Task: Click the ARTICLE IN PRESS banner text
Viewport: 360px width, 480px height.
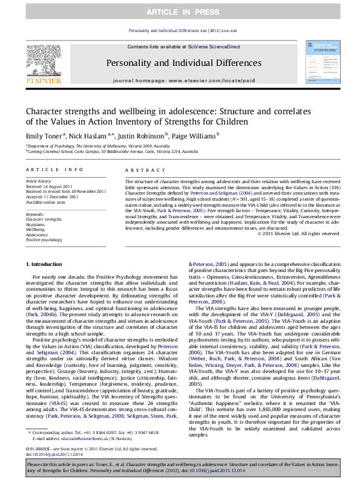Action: click(180, 11)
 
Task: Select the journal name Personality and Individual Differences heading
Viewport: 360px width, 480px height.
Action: click(180, 62)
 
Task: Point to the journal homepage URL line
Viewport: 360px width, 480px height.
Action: click(180, 80)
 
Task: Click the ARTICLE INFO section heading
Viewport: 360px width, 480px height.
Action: click(48, 171)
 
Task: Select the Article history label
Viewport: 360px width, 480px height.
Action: click(37, 181)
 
